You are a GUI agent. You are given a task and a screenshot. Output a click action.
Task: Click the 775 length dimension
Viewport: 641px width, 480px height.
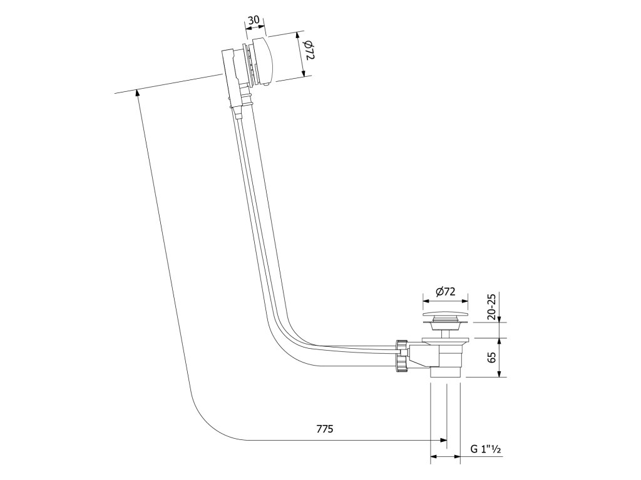[324, 429]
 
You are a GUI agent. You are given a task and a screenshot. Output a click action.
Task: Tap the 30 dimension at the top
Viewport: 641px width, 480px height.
[253, 20]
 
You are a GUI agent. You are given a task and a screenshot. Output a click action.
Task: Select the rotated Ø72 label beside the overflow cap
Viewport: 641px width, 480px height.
[309, 50]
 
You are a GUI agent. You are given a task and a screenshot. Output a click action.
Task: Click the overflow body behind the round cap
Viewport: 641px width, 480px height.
[232, 69]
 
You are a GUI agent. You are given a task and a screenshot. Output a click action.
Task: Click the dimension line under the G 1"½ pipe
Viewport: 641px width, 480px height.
[445, 457]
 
